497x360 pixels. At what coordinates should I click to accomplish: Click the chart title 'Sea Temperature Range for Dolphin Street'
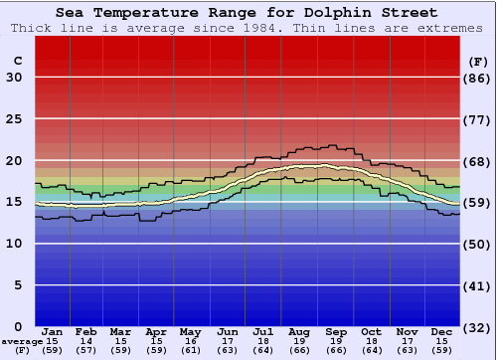pos(246,13)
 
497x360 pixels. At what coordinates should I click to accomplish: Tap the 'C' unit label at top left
pos(17,61)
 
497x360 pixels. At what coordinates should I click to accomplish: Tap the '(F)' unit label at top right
pos(478,61)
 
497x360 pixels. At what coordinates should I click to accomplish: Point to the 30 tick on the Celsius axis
pos(14,78)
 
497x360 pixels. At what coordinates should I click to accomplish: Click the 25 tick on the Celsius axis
pos(14,119)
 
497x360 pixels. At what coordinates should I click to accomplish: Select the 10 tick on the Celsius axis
pos(14,244)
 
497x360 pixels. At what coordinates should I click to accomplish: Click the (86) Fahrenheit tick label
pos(478,78)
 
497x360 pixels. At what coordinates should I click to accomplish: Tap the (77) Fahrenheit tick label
pos(478,119)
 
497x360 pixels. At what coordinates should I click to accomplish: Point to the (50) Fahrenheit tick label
pos(478,244)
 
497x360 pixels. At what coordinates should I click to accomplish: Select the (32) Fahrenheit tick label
pos(478,326)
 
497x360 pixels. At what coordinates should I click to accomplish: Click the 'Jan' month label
pos(53,331)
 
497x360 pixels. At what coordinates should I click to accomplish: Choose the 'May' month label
pos(189,331)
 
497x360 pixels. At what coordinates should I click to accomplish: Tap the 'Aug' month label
pos(300,331)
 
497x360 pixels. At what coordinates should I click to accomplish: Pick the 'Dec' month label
pos(442,331)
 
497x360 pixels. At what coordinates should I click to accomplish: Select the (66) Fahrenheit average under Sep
pos(336,350)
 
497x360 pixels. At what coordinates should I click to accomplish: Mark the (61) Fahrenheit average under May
pos(189,350)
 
